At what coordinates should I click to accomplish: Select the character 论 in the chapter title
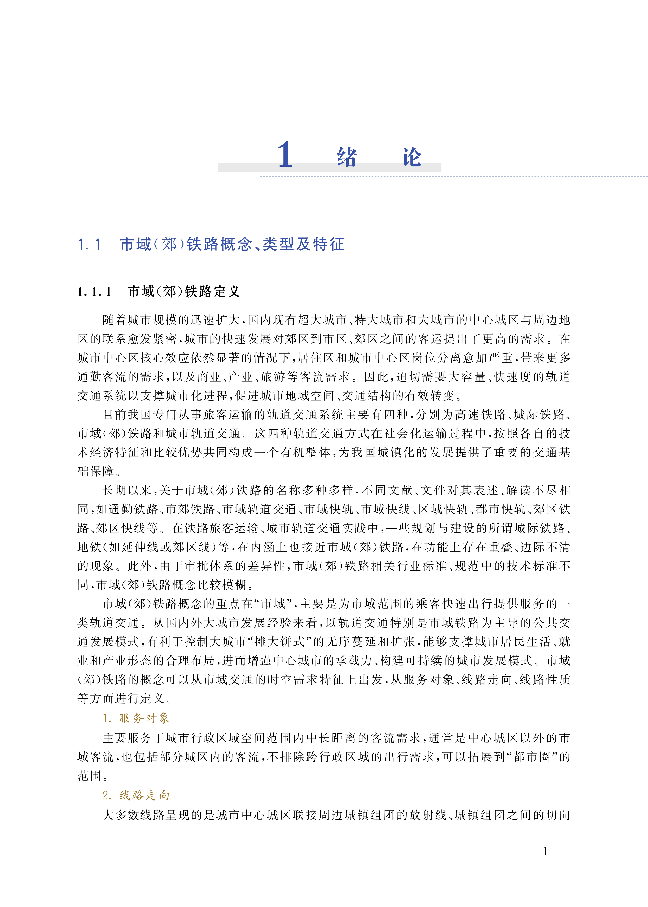pos(411,157)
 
